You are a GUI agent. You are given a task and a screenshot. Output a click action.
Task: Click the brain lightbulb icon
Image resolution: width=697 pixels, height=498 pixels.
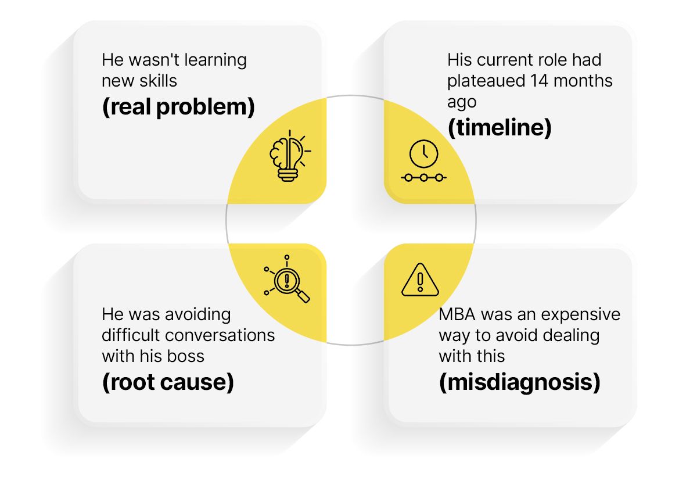click(290, 156)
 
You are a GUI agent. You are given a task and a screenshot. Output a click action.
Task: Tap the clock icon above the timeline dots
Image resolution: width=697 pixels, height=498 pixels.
click(424, 154)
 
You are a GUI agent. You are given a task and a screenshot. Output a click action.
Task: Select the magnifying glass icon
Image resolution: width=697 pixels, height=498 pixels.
click(286, 279)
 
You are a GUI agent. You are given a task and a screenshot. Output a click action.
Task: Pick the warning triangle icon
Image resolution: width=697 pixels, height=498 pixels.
click(420, 280)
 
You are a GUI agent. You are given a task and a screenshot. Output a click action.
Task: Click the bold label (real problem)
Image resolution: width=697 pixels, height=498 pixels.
click(178, 107)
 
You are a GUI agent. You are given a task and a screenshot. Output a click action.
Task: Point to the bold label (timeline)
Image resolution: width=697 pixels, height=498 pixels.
click(500, 127)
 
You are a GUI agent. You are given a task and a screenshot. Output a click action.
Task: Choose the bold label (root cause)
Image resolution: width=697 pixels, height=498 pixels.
click(168, 382)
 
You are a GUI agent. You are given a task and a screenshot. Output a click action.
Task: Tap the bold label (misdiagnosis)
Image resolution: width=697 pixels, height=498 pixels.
click(520, 382)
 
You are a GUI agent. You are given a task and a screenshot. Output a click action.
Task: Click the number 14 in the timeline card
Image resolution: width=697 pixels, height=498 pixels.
click(539, 81)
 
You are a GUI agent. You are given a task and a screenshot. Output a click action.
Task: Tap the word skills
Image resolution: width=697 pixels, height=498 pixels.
click(158, 81)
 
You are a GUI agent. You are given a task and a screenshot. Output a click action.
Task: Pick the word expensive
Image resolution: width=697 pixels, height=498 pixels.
click(581, 315)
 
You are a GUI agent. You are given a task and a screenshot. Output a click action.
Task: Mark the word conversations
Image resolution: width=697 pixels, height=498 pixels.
click(220, 335)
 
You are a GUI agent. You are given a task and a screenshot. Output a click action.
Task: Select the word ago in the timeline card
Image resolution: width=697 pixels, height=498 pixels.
click(462, 103)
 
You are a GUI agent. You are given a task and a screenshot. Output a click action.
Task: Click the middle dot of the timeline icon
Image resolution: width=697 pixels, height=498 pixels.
click(423, 178)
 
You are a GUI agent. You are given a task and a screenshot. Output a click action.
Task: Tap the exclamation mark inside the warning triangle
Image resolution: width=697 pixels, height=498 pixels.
click(420, 282)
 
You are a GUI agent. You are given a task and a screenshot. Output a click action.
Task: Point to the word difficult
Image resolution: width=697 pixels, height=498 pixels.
click(131, 335)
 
